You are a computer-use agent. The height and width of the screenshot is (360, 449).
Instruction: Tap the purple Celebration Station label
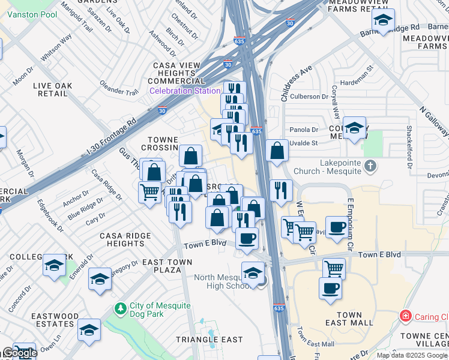pyautogui.click(x=185, y=91)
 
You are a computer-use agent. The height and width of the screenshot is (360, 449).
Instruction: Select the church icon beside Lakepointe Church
pyautogui.click(x=370, y=165)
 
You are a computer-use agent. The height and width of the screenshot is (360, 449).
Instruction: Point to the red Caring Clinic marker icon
pyautogui.click(x=406, y=316)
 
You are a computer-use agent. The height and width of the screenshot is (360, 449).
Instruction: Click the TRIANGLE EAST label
pyautogui.click(x=209, y=340)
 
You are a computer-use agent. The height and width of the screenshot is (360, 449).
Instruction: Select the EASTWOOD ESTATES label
pyautogui.click(x=55, y=320)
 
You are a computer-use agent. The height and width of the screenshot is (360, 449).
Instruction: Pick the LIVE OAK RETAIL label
pyautogui.click(x=50, y=90)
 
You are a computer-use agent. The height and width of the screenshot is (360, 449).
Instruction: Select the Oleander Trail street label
pyautogui.click(x=119, y=88)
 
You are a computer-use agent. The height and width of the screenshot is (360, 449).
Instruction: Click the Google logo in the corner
pyautogui.click(x=19, y=353)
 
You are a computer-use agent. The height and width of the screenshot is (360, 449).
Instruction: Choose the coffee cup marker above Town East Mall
pyautogui.click(x=330, y=287)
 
